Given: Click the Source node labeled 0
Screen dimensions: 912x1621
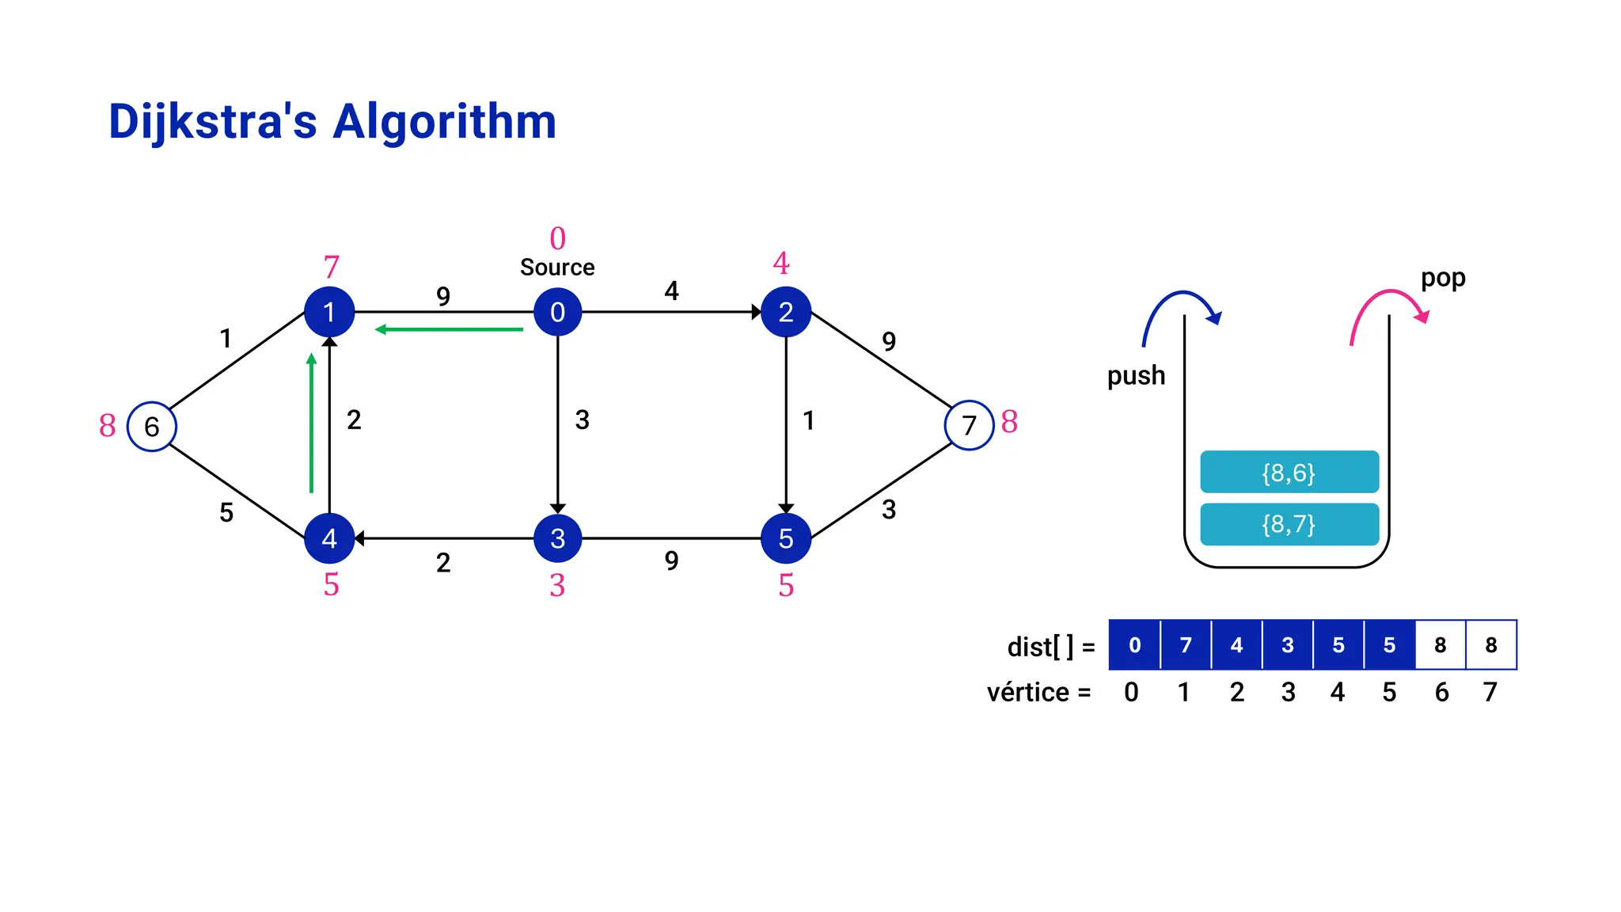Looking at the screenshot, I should coord(557,312).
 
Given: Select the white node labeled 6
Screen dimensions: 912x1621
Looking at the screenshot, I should coord(151,427).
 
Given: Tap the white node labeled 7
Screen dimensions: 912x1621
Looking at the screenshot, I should coord(969,426).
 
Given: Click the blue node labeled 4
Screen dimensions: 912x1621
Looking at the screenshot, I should coord(329,538).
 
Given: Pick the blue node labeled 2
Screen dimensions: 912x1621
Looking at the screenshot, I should coord(785,312).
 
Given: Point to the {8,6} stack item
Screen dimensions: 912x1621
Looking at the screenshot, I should coord(1289,473).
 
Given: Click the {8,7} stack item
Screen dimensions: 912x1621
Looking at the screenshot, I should coord(1289,524).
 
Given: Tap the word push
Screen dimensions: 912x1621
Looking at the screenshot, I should coord(1136,375).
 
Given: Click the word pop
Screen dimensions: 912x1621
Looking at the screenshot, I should coord(1442,278).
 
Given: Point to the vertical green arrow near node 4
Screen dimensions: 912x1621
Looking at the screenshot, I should coord(311,424).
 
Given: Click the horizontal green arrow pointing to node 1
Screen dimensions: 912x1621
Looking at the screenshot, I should coord(449,329).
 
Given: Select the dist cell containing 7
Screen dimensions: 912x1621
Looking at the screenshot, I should coord(1185,645).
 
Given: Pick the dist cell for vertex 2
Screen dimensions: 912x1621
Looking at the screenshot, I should coord(1236,645).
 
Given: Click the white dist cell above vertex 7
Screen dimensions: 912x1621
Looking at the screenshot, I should coord(1491,645).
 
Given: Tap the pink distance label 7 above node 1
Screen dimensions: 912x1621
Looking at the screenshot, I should coord(331,268).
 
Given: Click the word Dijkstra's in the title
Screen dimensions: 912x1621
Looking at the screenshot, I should coord(212,122).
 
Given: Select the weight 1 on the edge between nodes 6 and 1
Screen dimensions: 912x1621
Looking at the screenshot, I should coord(226,338).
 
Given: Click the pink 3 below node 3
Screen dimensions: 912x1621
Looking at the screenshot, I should coord(557,586).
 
